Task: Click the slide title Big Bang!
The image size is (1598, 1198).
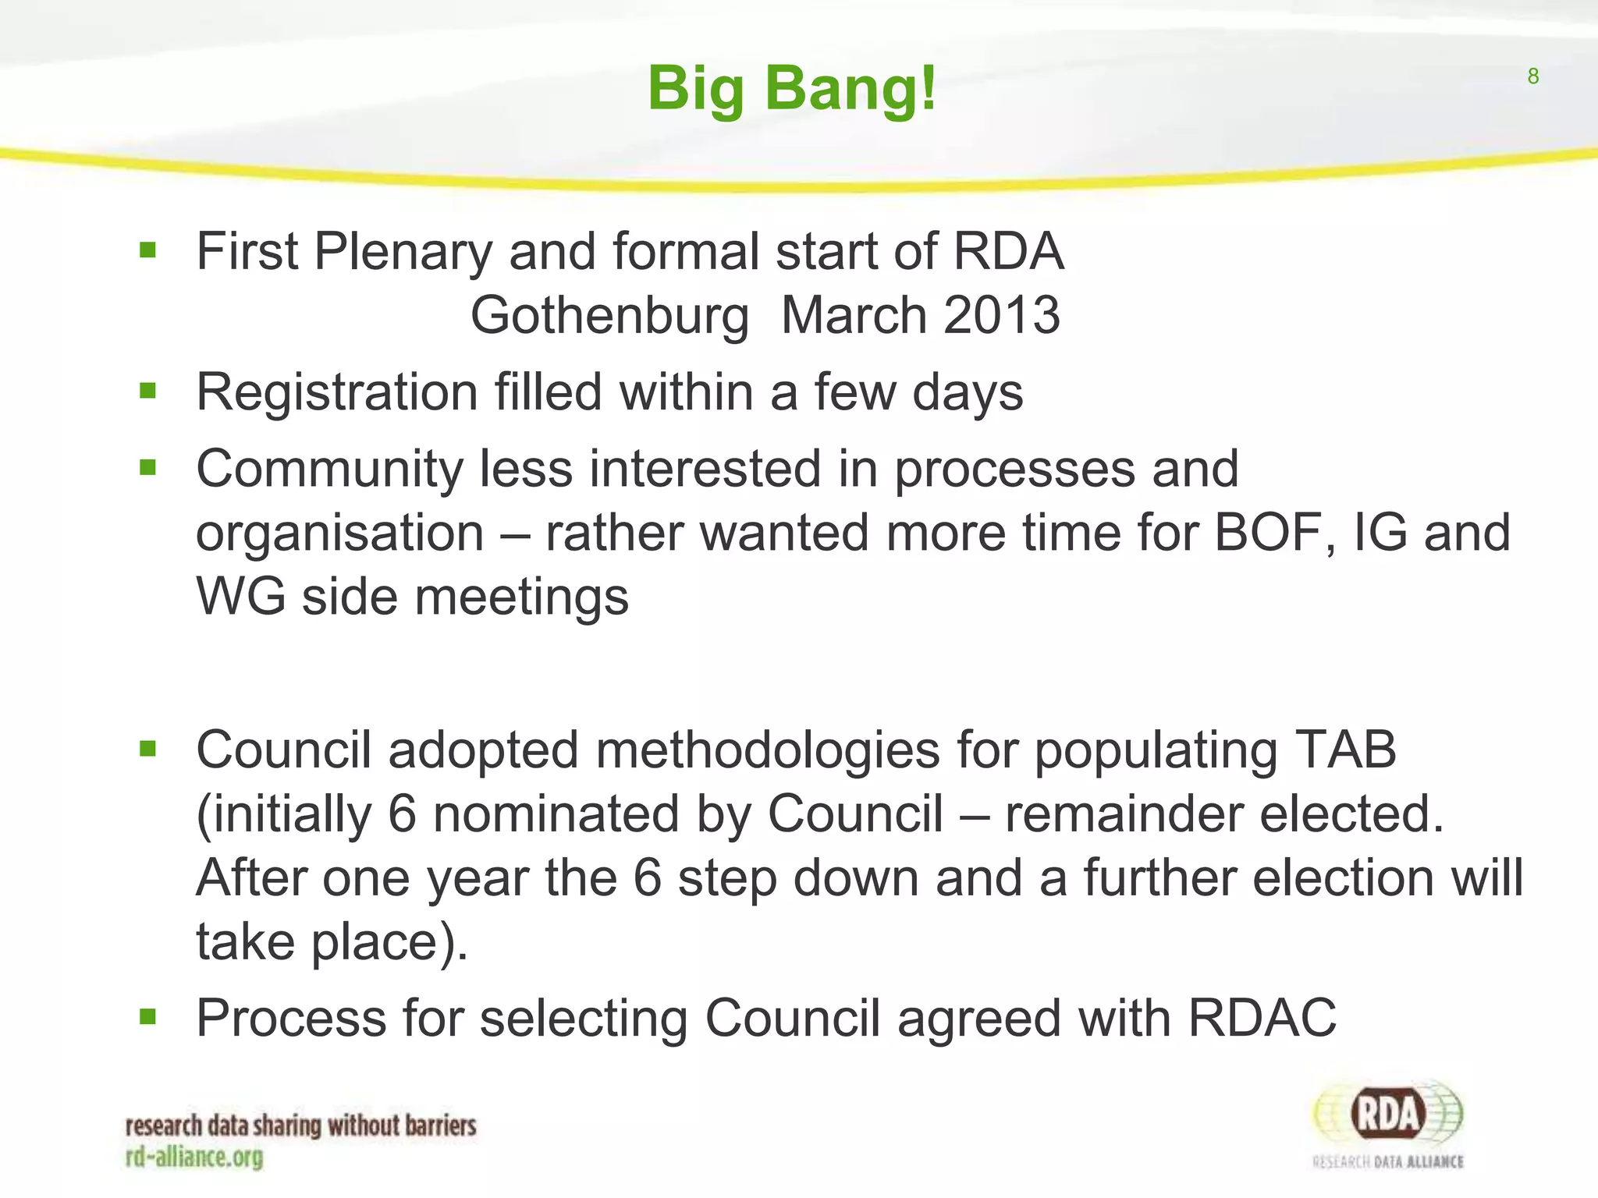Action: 791,89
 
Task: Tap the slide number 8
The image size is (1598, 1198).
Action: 1532,76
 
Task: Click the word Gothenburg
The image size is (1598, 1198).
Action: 609,316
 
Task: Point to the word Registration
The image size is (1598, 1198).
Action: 336,392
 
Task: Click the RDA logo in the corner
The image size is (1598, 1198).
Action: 1388,1124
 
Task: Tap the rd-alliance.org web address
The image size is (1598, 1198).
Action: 194,1157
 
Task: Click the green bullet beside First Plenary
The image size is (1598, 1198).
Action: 147,251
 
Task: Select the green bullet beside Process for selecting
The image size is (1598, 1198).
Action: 147,1017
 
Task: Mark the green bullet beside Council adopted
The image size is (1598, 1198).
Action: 147,750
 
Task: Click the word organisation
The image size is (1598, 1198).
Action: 339,533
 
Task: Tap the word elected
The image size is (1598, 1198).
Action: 1351,814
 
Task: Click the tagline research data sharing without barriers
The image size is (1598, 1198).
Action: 300,1126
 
